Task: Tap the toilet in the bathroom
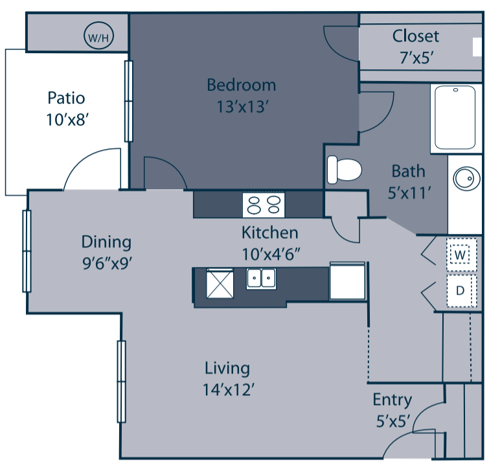click(x=343, y=170)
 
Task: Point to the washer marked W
click(x=461, y=255)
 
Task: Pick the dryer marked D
click(x=461, y=290)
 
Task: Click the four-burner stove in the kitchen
click(x=264, y=205)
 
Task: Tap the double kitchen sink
click(x=261, y=279)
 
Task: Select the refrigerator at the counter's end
click(x=347, y=281)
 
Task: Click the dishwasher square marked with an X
click(x=219, y=283)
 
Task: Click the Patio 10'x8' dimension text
click(x=66, y=119)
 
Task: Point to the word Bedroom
click(x=241, y=85)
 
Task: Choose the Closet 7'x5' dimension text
click(x=415, y=56)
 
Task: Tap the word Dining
click(x=106, y=242)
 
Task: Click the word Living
click(x=227, y=368)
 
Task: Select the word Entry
click(x=392, y=400)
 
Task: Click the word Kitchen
click(x=269, y=232)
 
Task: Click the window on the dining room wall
click(x=27, y=251)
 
